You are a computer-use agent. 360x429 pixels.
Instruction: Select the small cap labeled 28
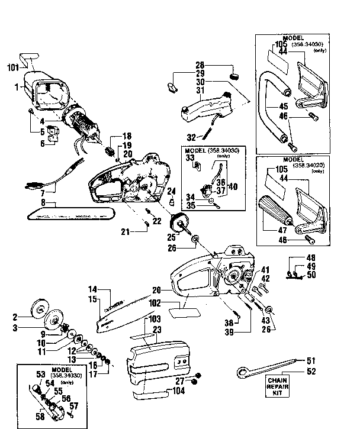coord(234,76)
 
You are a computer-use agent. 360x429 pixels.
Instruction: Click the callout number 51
coord(311,359)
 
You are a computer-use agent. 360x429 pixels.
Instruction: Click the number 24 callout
coord(172,190)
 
